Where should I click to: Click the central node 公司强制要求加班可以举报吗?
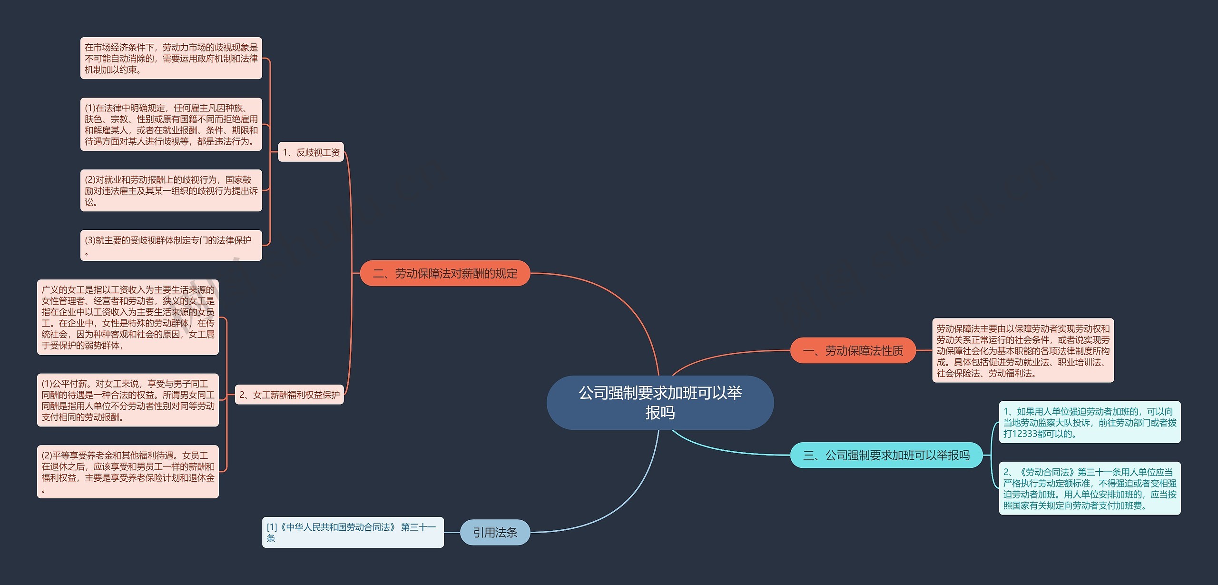pyautogui.click(x=660, y=403)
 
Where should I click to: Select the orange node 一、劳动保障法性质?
pyautogui.click(x=853, y=351)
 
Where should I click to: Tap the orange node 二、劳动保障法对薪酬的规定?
pyautogui.click(x=445, y=273)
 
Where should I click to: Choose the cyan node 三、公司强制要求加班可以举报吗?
pyautogui.click(x=886, y=455)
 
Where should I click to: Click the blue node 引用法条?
pyautogui.click(x=495, y=532)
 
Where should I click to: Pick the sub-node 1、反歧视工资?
pyautogui.click(x=311, y=152)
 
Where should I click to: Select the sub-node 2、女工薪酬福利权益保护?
pyautogui.click(x=289, y=395)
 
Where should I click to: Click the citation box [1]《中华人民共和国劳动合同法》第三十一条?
pyautogui.click(x=353, y=532)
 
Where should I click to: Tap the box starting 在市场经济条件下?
pyautogui.click(x=171, y=58)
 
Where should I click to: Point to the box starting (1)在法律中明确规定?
pyautogui.click(x=171, y=124)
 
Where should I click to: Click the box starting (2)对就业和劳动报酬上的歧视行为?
pyautogui.click(x=171, y=190)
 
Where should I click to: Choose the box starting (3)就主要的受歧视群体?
pyautogui.click(x=171, y=246)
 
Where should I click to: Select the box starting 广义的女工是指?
pyautogui.click(x=128, y=317)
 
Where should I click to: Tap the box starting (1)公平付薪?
pyautogui.click(x=128, y=400)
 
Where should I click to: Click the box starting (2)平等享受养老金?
pyautogui.click(x=128, y=472)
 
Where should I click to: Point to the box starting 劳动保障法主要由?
pyautogui.click(x=1023, y=350)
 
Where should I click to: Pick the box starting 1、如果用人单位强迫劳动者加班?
pyautogui.click(x=1090, y=422)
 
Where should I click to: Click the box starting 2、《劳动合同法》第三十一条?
pyautogui.click(x=1090, y=488)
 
